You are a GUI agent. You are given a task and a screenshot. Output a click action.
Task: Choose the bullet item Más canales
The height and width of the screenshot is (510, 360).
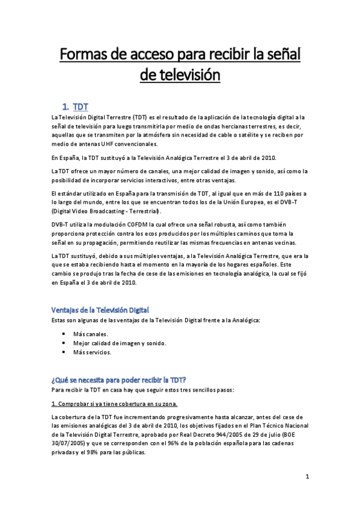click(91, 334)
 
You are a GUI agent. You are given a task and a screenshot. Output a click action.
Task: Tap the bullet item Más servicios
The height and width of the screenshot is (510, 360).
click(92, 352)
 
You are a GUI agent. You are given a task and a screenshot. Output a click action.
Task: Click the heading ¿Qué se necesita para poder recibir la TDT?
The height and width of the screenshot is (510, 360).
click(118, 379)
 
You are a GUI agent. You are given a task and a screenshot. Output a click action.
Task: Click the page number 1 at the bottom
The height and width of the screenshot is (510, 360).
click(307, 478)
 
